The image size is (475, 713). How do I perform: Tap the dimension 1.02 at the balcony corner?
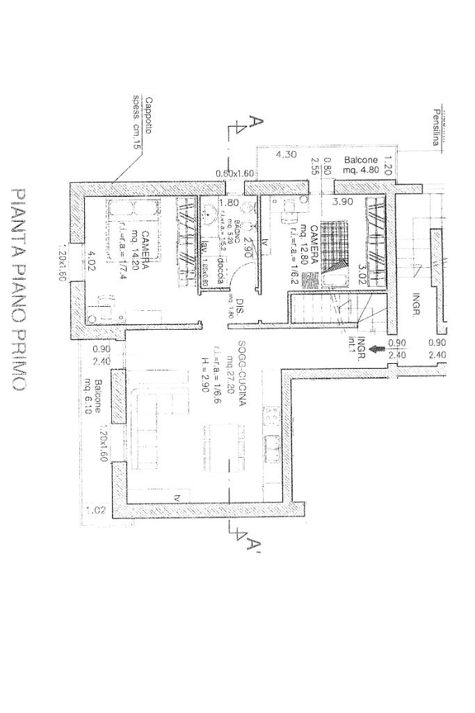95,511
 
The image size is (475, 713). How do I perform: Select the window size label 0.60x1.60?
235,173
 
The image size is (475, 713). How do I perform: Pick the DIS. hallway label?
239,306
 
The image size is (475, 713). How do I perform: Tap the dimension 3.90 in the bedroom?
343,202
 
